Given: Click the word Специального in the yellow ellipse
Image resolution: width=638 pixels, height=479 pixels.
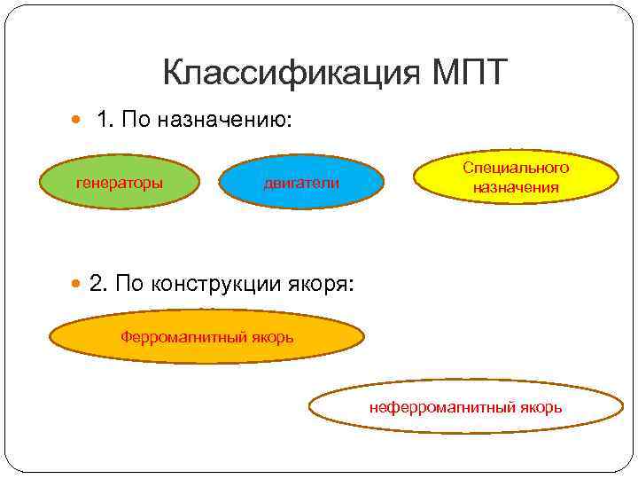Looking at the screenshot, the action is click(x=516, y=168).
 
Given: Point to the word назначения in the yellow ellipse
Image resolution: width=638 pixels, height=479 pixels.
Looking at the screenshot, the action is click(x=516, y=187).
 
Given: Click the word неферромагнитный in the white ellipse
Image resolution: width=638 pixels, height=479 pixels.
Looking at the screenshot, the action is click(x=431, y=407).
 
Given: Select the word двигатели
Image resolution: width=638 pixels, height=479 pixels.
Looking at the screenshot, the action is click(x=302, y=183).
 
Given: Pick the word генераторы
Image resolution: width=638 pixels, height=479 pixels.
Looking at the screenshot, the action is click(x=120, y=183).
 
